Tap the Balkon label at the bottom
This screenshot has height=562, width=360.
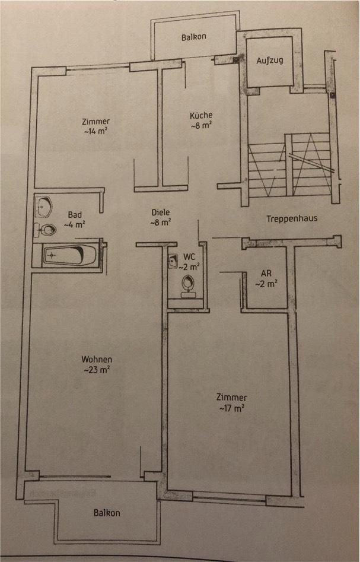[107, 513]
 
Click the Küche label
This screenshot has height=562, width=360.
[201, 116]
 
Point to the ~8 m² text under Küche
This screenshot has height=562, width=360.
[201, 126]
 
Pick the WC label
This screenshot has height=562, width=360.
[189, 256]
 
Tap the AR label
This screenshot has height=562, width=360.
[266, 274]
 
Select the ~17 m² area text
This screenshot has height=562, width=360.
[231, 408]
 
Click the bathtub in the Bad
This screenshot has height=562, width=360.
[70, 256]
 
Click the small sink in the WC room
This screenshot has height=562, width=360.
[173, 261]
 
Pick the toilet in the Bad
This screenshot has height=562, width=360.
[46, 228]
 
